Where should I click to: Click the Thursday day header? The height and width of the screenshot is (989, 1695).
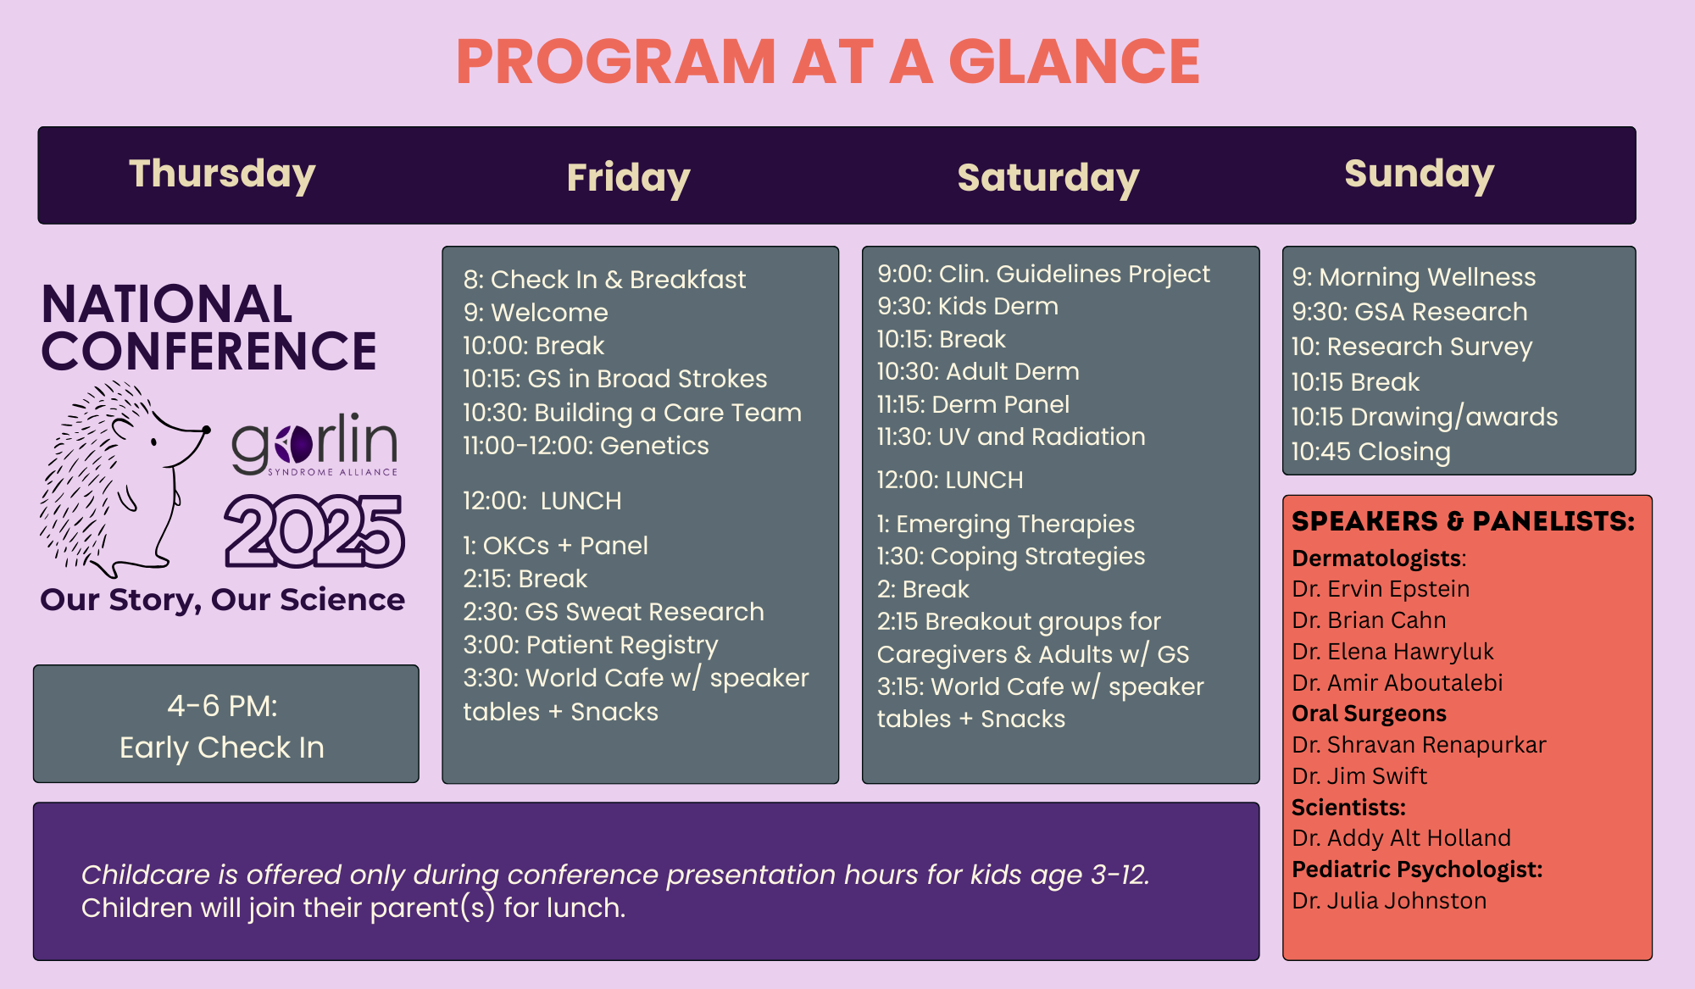[222, 175]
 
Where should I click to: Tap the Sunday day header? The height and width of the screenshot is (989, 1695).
[1420, 175]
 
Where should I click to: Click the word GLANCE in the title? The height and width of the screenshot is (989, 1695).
[1074, 62]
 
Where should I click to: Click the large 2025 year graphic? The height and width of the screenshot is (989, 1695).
[314, 531]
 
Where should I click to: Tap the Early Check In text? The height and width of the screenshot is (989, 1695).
[222, 747]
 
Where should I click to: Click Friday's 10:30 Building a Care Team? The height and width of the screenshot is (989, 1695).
[632, 413]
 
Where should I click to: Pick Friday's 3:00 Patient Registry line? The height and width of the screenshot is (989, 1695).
[591, 646]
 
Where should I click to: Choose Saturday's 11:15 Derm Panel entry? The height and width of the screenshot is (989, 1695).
[973, 404]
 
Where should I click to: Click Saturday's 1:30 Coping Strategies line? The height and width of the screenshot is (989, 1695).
[1011, 557]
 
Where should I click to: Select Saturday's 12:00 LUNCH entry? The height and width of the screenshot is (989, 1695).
[950, 480]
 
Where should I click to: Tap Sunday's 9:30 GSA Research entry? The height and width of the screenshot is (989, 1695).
[1409, 312]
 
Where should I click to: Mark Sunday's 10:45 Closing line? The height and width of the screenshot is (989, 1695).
[1370, 452]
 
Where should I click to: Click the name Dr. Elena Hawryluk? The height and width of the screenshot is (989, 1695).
[1392, 652]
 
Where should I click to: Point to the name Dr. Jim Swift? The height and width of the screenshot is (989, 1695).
[1359, 776]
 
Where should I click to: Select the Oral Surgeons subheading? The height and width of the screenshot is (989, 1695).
[1369, 714]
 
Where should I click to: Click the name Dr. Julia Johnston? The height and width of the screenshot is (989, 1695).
[1389, 901]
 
